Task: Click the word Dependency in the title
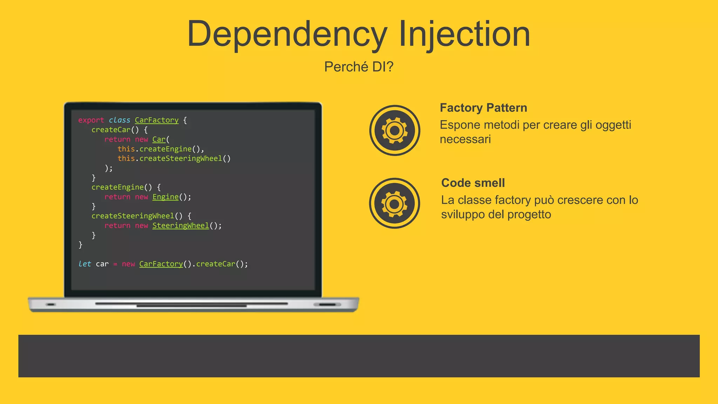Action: coord(287,34)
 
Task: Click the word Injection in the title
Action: coord(464,34)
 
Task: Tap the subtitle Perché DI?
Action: coord(359,67)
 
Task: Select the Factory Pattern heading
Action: coord(483,108)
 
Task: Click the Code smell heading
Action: coord(473,183)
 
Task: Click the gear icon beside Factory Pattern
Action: coord(394,130)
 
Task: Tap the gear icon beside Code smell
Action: coord(394,203)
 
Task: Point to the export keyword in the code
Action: coord(91,120)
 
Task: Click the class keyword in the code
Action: coord(119,120)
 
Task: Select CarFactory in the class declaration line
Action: coord(156,120)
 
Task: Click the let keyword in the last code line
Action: coord(84,264)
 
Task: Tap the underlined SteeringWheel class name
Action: coord(181,225)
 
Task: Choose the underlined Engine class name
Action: coord(165,197)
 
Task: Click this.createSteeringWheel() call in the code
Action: coord(174,159)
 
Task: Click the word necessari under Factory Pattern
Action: coord(465,139)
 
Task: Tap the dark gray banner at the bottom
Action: coord(359,356)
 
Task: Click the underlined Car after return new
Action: coord(159,140)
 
